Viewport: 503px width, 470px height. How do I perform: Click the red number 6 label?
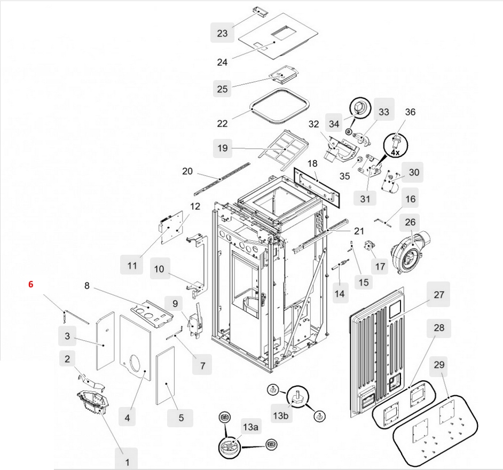31,285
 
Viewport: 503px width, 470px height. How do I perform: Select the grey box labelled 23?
222,34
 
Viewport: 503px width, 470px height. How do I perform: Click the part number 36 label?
410,112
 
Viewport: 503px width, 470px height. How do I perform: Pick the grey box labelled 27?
438,294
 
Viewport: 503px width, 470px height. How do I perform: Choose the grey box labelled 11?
132,264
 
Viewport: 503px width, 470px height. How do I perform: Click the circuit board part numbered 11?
173,227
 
